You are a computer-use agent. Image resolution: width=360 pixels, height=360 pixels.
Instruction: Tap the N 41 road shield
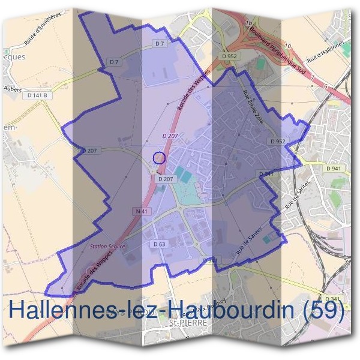click(142, 211)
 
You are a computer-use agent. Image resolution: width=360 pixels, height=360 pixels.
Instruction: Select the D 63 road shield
click(159, 244)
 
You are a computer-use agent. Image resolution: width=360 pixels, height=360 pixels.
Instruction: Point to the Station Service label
click(107, 246)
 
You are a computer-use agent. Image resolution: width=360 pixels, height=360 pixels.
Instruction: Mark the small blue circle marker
click(158, 158)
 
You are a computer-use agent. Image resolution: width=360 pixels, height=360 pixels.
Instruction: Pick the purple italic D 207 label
click(170, 137)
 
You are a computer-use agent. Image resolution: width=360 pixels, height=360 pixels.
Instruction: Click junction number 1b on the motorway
click(248, 23)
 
